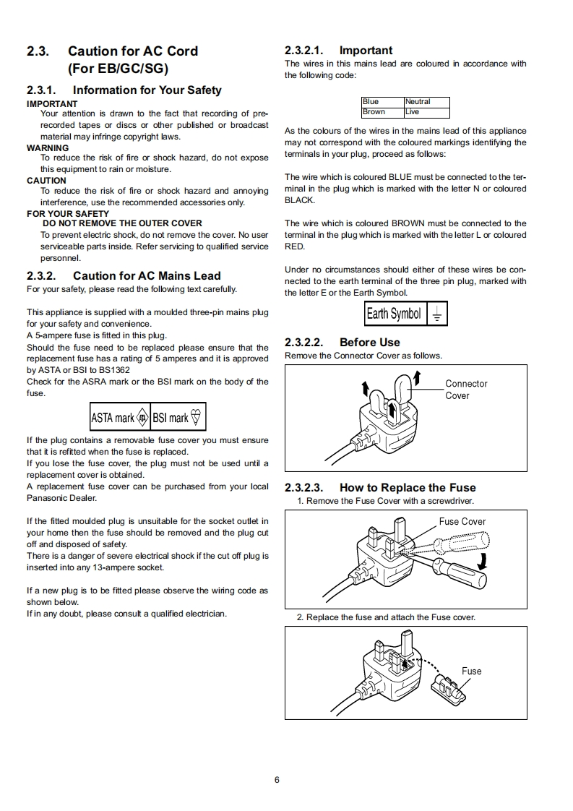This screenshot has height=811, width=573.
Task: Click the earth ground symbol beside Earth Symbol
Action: tap(437, 314)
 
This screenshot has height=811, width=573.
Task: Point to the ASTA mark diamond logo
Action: tap(142, 418)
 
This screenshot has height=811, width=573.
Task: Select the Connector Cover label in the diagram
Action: tap(466, 390)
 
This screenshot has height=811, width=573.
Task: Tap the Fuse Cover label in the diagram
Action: tap(462, 521)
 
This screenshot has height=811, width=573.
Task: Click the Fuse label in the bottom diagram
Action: tap(471, 671)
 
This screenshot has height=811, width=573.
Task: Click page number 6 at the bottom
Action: tap(277, 779)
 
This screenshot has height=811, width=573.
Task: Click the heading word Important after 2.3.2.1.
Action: tap(366, 51)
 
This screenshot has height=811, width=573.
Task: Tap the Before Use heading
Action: tap(369, 343)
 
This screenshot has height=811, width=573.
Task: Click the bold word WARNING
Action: tap(48, 147)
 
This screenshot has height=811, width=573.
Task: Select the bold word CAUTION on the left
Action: tap(46, 181)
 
